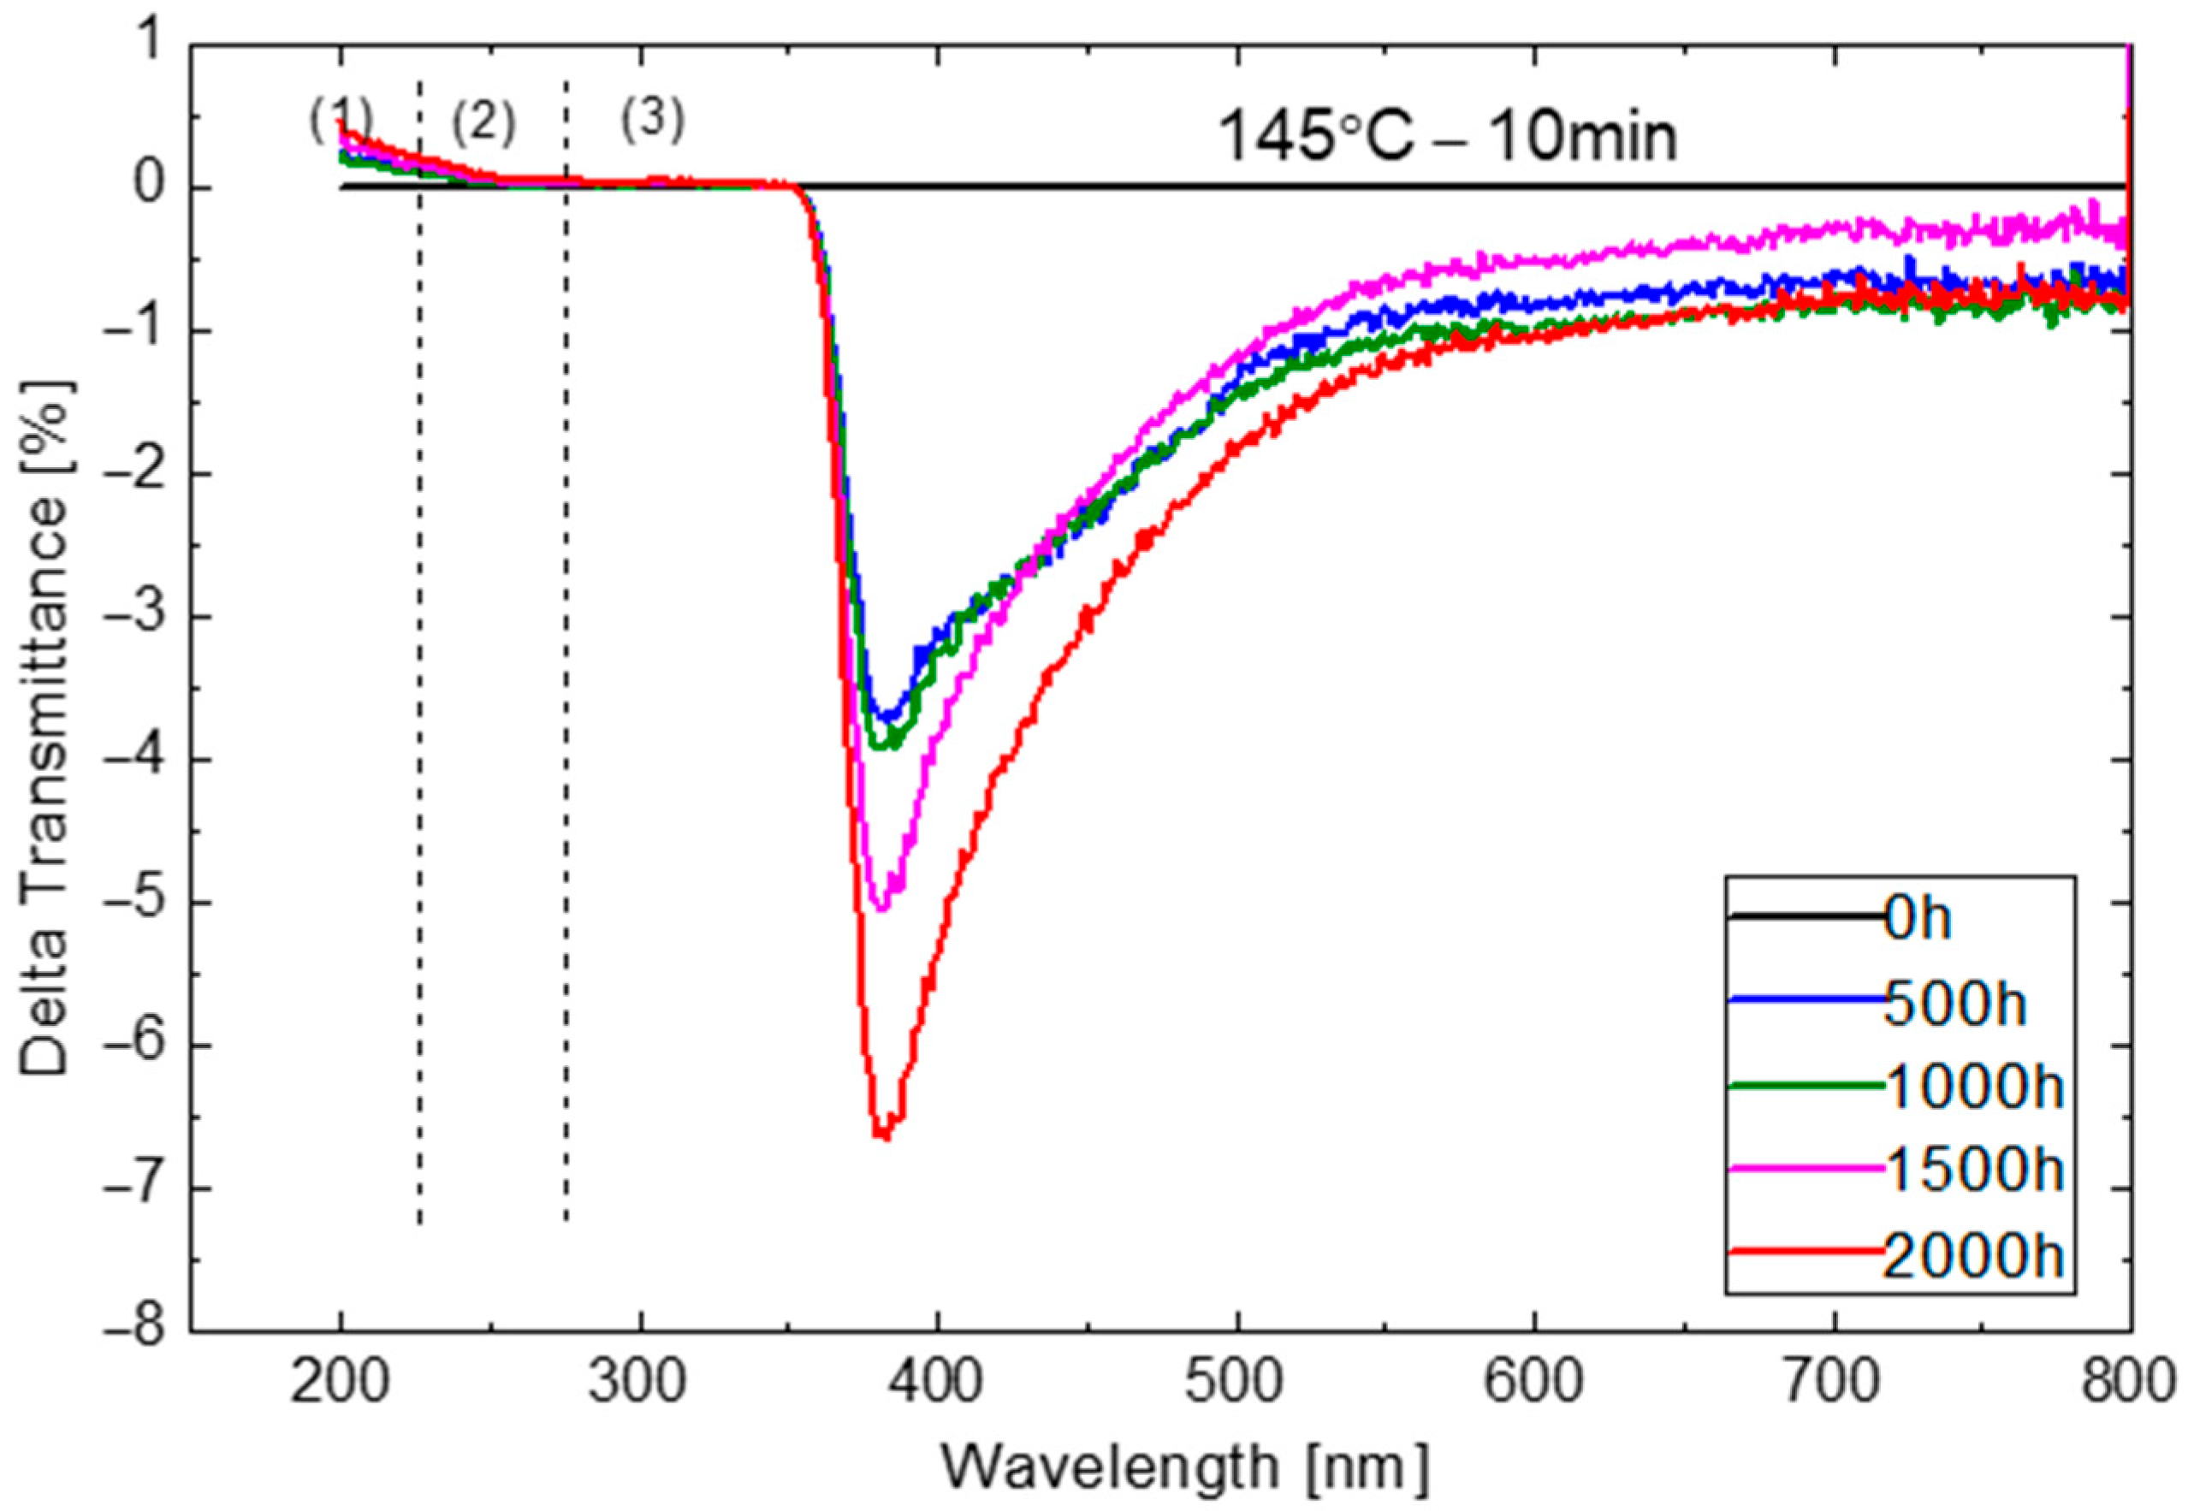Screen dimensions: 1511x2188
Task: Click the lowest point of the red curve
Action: tap(883, 1137)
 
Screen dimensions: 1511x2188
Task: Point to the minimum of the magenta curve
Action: tap(881, 910)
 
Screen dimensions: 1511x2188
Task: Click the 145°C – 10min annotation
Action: tap(1446, 135)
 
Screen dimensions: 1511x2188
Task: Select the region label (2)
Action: tap(483, 124)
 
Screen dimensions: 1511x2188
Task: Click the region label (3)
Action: tap(652, 121)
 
